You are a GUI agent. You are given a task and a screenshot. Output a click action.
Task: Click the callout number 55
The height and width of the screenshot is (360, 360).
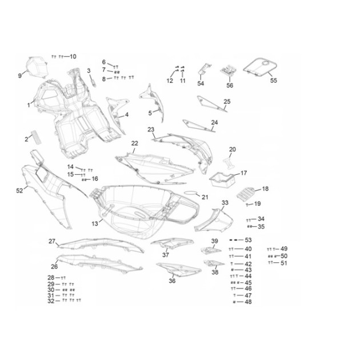coord(274,81)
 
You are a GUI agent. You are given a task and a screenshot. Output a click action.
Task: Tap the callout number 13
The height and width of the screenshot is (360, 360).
coord(95,223)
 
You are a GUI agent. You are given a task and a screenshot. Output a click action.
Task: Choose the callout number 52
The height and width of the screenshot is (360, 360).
coord(19,190)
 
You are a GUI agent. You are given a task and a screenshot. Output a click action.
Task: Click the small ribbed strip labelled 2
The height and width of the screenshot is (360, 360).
coord(37,137)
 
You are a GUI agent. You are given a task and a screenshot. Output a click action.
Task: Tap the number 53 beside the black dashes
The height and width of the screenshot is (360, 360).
coord(248,240)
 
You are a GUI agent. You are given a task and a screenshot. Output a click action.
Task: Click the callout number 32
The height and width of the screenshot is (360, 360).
coord(51,301)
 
